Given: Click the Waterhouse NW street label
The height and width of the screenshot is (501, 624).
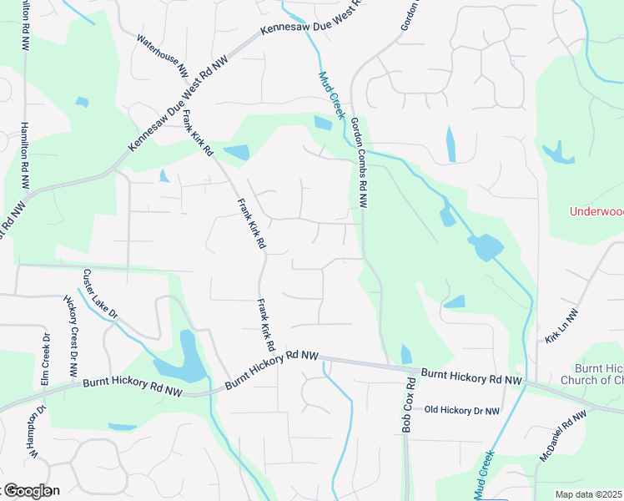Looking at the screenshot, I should (163, 56).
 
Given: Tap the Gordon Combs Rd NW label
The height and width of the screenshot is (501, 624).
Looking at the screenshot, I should (360, 163).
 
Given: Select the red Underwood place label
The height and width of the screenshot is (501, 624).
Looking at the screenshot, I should (596, 211).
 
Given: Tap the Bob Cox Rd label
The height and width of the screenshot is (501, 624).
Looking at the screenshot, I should (408, 406).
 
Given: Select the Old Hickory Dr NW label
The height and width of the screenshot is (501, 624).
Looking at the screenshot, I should (462, 410).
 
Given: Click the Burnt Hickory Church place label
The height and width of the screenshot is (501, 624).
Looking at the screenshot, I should (599, 374).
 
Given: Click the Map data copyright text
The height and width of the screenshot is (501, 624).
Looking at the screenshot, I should (589, 494).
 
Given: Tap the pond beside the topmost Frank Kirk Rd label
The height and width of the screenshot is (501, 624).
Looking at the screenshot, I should (237, 153).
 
